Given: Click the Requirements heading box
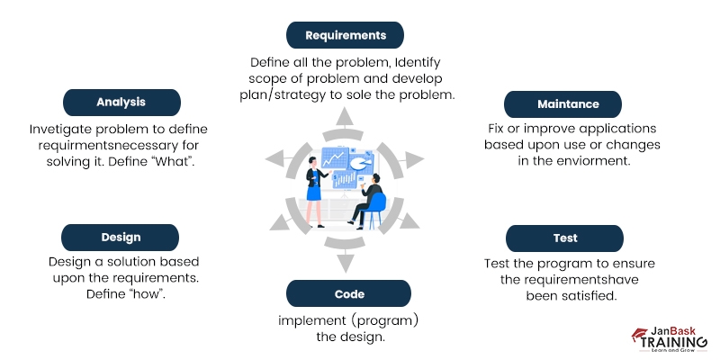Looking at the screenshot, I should pyautogui.click(x=345, y=35).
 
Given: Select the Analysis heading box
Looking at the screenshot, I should pyautogui.click(x=121, y=102).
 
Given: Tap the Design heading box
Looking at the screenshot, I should pyautogui.click(x=120, y=238).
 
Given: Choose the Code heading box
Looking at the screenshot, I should pyautogui.click(x=348, y=293).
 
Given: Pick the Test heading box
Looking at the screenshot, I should pyautogui.click(x=565, y=238).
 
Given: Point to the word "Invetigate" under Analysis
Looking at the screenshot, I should pyautogui.click(x=64, y=129).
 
